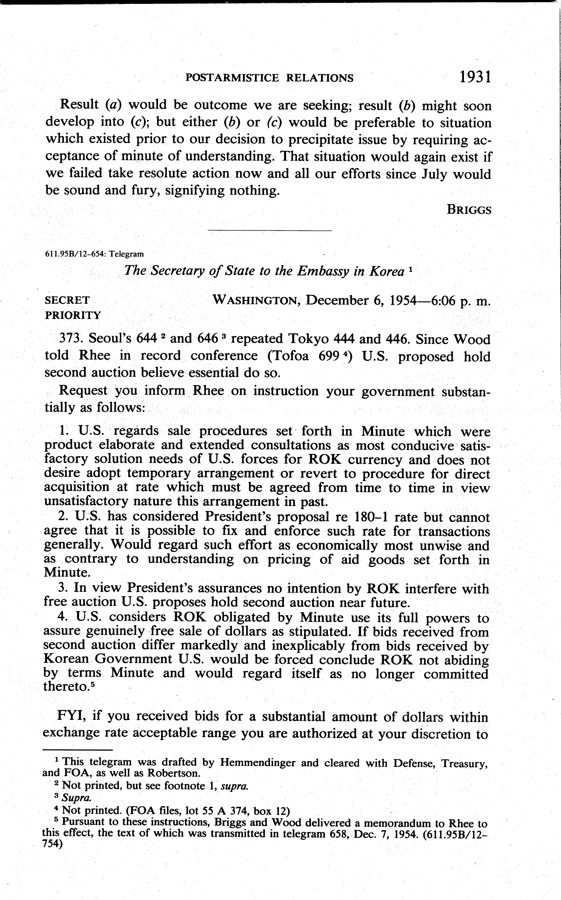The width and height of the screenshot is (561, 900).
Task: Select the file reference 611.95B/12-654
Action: (74, 254)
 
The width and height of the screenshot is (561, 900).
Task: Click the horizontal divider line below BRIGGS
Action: (270, 231)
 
